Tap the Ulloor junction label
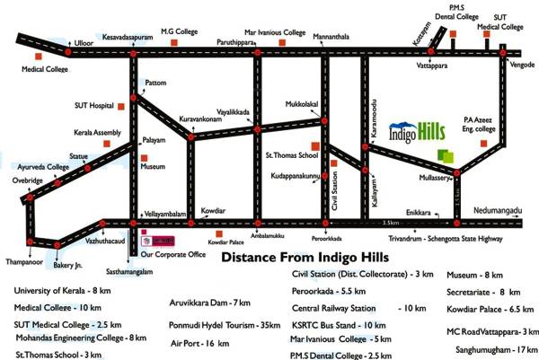(84, 42)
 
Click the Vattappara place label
(433, 66)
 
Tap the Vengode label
(522, 66)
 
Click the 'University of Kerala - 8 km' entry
(62, 291)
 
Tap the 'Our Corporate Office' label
(172, 254)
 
